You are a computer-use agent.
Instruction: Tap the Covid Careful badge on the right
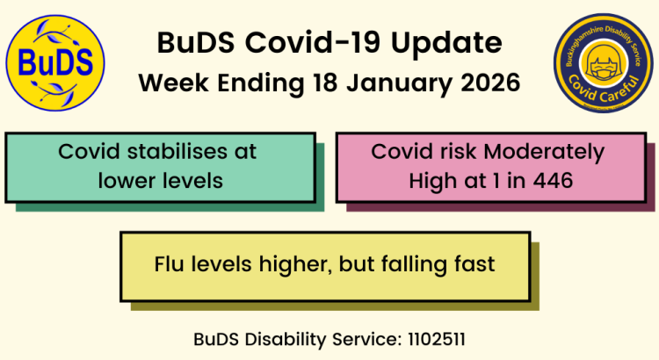point(603,62)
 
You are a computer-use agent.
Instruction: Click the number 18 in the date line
point(325,83)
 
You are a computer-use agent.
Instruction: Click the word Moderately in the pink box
point(545,152)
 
